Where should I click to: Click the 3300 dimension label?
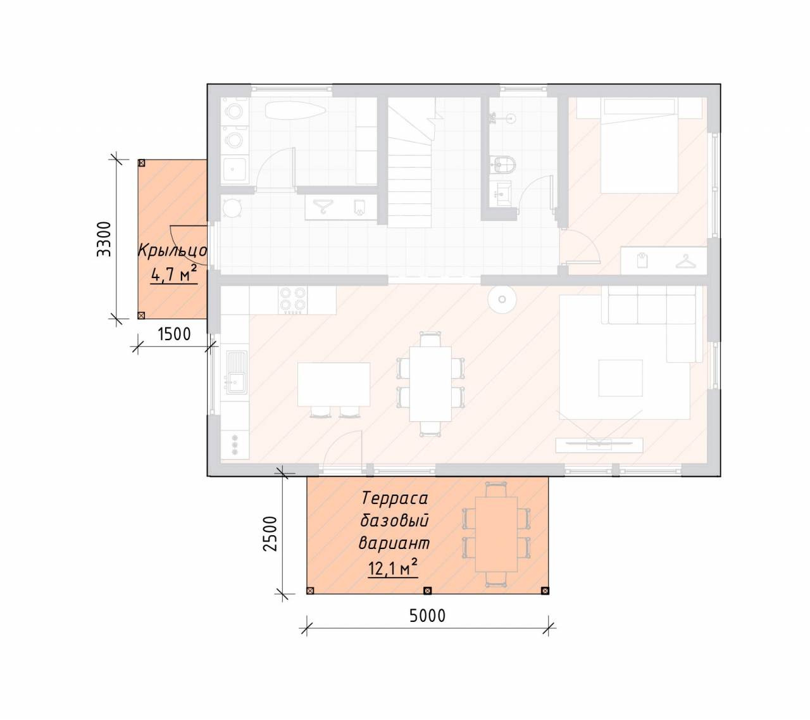pyautogui.click(x=104, y=239)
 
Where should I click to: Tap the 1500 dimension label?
pyautogui.click(x=174, y=334)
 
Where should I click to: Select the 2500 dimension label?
pyautogui.click(x=270, y=533)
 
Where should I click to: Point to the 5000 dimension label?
pyautogui.click(x=427, y=616)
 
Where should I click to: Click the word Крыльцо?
pyautogui.click(x=173, y=251)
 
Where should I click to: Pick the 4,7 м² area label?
pyautogui.click(x=174, y=274)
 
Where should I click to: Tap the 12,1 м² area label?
pyautogui.click(x=393, y=568)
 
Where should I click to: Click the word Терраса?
pyautogui.click(x=395, y=498)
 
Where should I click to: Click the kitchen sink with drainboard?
pyautogui.click(x=236, y=372)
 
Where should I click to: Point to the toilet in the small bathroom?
pyautogui.click(x=505, y=164)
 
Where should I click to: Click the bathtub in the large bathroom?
pyautogui.click(x=295, y=110)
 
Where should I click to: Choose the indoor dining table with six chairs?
pyautogui.click(x=430, y=384)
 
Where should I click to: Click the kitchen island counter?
pyautogui.click(x=334, y=384)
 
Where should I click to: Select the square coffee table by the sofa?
pyautogui.click(x=620, y=378)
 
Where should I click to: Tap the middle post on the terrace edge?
pyautogui.click(x=427, y=590)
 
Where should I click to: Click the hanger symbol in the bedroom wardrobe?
pyautogui.click(x=686, y=262)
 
